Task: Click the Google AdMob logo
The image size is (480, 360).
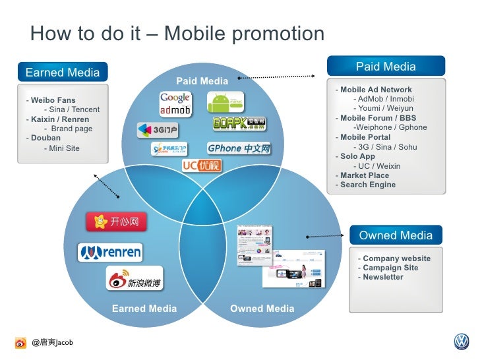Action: pyautogui.click(x=175, y=104)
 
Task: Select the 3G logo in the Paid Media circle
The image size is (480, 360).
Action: pyautogui.click(x=157, y=130)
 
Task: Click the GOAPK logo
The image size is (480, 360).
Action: pyautogui.click(x=239, y=123)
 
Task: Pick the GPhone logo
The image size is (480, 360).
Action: pyautogui.click(x=239, y=148)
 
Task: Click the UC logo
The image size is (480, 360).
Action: pyautogui.click(x=201, y=165)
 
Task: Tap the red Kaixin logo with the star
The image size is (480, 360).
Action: pyautogui.click(x=117, y=222)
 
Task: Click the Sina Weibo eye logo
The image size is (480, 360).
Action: pyautogui.click(x=134, y=279)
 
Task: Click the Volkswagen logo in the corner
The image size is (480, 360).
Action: pyautogui.click(x=461, y=342)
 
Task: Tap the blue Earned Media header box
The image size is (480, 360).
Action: pyautogui.click(x=63, y=72)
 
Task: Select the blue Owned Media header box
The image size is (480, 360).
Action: pyautogui.click(x=396, y=235)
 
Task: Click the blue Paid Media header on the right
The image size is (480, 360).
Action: pyautogui.click(x=386, y=67)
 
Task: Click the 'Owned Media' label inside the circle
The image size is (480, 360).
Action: pyautogui.click(x=262, y=309)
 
